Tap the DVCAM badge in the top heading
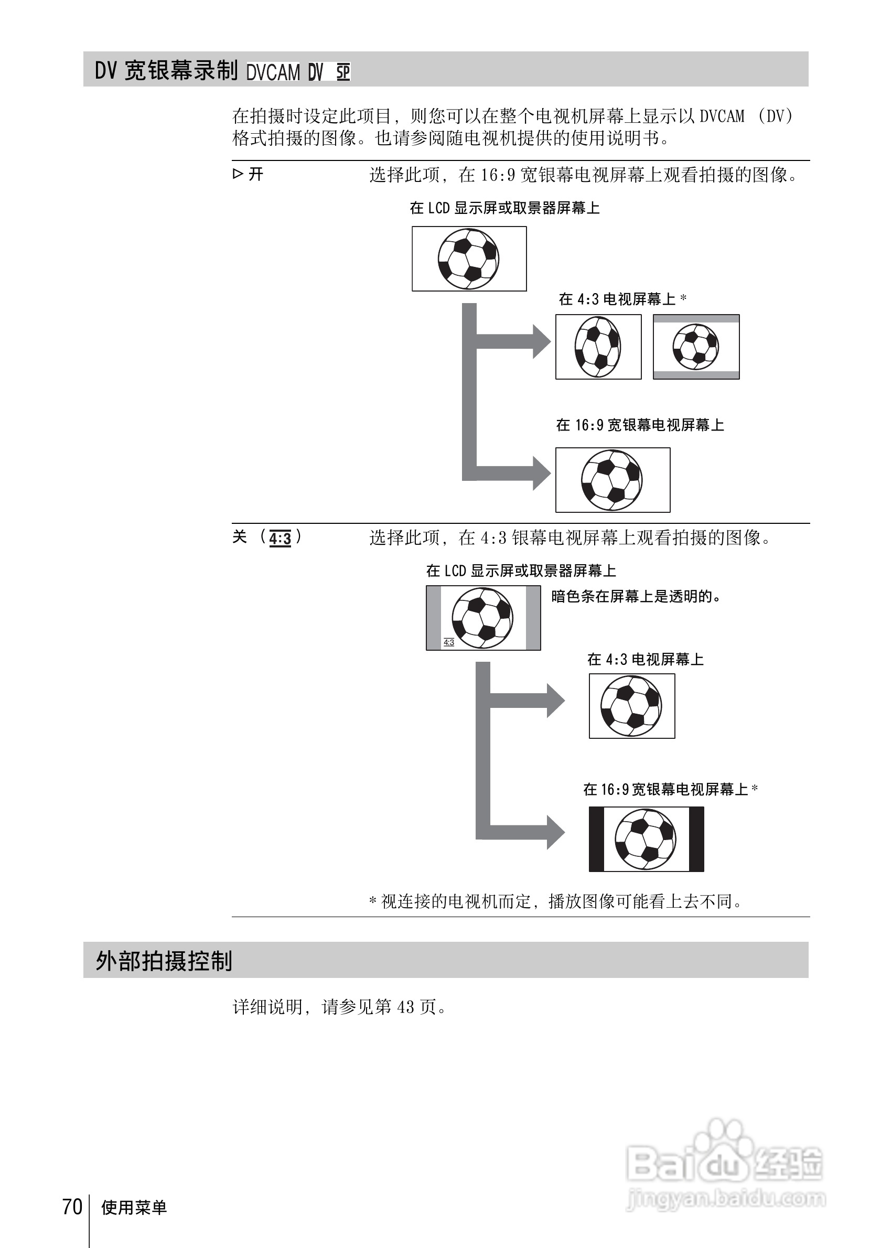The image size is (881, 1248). (273, 72)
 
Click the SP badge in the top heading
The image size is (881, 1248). (343, 72)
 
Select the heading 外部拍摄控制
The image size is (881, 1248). (164, 961)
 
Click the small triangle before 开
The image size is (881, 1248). (238, 174)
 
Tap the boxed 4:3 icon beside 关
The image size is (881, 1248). (280, 538)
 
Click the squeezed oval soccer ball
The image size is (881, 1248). (598, 347)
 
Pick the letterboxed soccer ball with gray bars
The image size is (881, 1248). (696, 347)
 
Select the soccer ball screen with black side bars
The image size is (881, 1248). (646, 839)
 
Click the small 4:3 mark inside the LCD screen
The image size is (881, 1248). (448, 642)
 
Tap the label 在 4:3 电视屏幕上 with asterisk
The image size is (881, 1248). (622, 299)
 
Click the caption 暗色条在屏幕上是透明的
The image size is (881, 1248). (636, 596)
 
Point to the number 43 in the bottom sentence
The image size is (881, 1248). (405, 1007)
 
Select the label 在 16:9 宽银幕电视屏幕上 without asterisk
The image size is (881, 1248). (640, 425)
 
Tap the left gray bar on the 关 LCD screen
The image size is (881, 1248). (434, 618)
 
